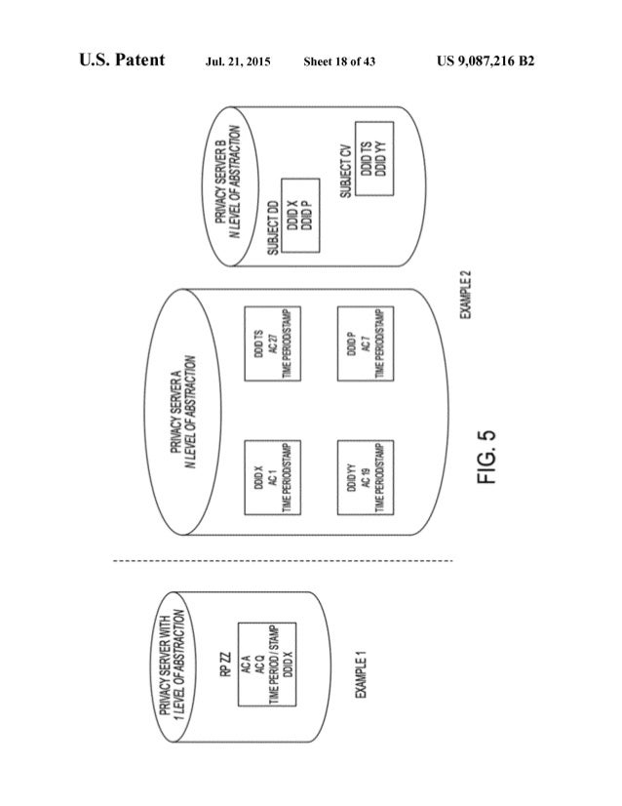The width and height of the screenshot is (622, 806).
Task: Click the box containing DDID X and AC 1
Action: click(269, 478)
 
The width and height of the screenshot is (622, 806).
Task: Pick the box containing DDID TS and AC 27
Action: click(270, 347)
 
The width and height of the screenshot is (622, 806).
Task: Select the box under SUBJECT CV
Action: click(374, 146)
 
